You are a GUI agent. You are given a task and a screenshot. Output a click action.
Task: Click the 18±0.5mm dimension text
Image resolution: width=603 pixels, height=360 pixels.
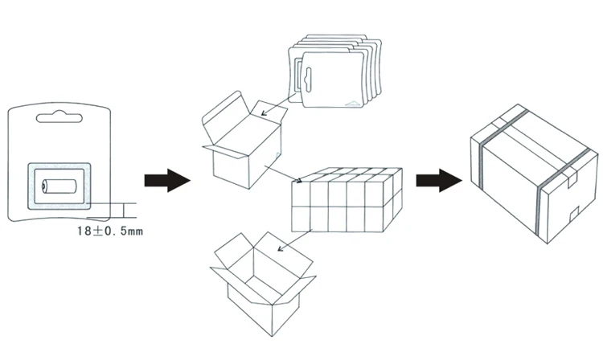tap(110, 231)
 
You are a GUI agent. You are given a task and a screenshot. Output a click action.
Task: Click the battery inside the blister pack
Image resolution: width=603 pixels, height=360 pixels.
tap(59, 186)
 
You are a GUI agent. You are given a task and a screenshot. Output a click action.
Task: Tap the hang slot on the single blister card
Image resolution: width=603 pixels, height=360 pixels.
tap(59, 117)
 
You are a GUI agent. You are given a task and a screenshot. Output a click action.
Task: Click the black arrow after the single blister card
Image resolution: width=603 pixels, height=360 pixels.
tap(167, 180)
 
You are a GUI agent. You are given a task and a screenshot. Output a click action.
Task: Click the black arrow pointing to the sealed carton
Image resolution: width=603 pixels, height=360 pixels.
tap(439, 180)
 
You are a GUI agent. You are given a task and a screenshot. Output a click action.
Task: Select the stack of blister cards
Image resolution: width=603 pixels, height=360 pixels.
tap(335, 71)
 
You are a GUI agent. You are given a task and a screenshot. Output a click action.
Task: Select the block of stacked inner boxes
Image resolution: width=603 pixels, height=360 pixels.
tap(347, 200)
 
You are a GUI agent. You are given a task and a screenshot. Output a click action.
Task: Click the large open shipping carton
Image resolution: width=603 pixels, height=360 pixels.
tap(263, 284)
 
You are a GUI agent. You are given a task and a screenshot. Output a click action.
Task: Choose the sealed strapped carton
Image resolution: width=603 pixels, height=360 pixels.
tap(534, 174)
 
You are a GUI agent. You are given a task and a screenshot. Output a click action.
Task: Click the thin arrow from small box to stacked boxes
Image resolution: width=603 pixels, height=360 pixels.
tap(283, 174)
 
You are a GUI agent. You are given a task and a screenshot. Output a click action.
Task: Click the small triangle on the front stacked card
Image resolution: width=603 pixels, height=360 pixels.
tap(354, 103)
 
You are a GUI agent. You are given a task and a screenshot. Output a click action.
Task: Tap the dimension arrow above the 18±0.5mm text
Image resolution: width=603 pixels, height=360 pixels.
tap(124, 211)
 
